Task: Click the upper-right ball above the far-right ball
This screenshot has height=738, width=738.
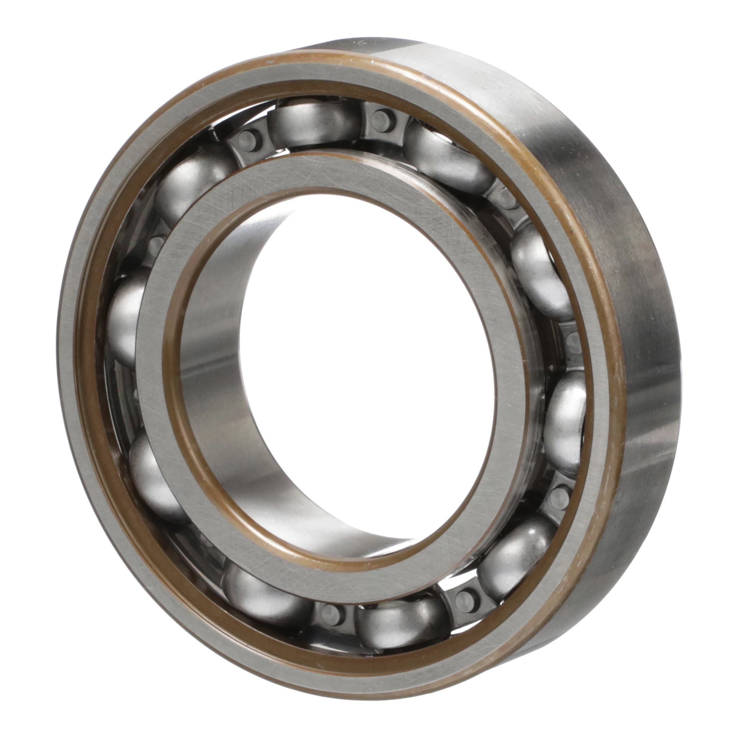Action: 539,271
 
